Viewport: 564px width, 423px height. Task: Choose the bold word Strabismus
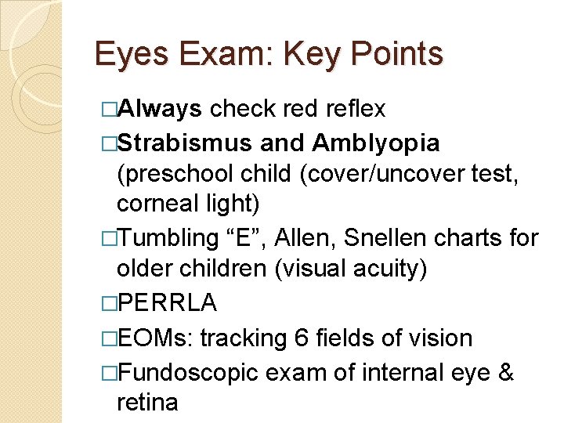point(184,143)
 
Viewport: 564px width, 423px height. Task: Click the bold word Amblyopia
point(375,143)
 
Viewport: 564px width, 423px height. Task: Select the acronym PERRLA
point(167,302)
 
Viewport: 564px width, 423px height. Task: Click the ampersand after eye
point(505,372)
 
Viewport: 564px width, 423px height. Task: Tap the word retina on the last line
point(147,403)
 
